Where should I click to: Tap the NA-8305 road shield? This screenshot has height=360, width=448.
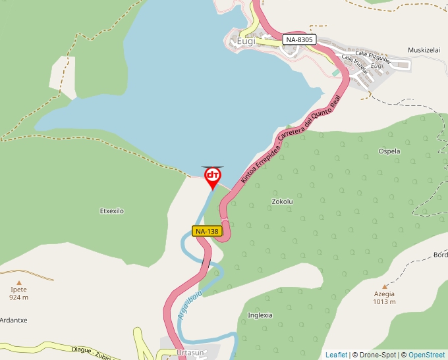[300, 40]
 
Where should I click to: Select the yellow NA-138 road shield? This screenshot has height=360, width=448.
[207, 231]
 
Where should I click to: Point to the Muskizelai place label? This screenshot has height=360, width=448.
[424, 50]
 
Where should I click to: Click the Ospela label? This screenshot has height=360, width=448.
[389, 151]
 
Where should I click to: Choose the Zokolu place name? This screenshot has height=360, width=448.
[281, 201]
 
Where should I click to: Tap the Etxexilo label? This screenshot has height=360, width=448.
[111, 211]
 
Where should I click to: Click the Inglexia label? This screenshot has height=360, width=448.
[260, 315]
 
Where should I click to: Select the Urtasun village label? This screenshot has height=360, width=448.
[191, 353]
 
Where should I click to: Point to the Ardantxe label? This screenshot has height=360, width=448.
[13, 321]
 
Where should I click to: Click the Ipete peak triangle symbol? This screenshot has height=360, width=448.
[19, 281]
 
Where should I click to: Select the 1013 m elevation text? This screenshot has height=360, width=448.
[384, 302]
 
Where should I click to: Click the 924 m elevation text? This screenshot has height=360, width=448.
[19, 297]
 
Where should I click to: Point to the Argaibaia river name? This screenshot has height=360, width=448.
[189, 305]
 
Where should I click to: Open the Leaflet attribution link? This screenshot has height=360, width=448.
[336, 355]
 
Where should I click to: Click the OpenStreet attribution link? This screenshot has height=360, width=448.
[427, 355]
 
